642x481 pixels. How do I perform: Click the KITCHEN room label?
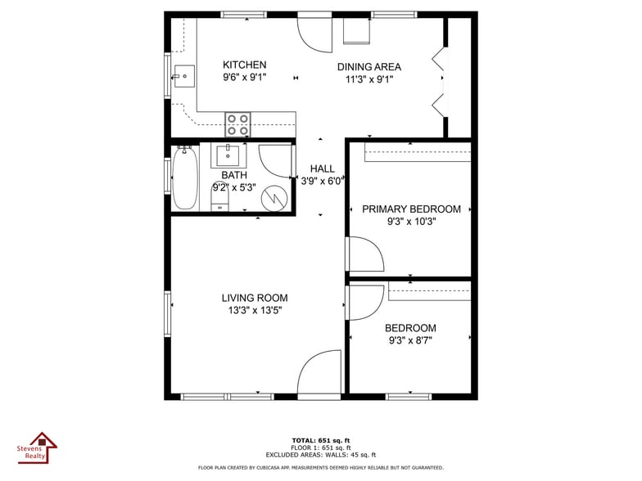(245, 65)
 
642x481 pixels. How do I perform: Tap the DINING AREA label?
(369, 67)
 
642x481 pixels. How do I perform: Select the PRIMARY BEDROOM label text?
(411, 209)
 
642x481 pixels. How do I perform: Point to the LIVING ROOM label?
(255, 299)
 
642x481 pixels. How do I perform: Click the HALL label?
(322, 169)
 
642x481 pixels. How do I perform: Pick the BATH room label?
(234, 175)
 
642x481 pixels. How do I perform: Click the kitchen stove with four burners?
(238, 124)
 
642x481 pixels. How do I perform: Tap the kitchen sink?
(183, 77)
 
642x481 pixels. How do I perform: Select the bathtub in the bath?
(184, 178)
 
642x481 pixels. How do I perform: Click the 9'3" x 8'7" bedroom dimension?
(410, 340)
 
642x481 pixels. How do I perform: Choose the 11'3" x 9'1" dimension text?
(370, 79)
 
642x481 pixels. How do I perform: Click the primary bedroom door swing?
(365, 254)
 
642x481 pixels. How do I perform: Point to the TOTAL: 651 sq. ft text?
(321, 441)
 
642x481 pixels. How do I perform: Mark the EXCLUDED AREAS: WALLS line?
(321, 455)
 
